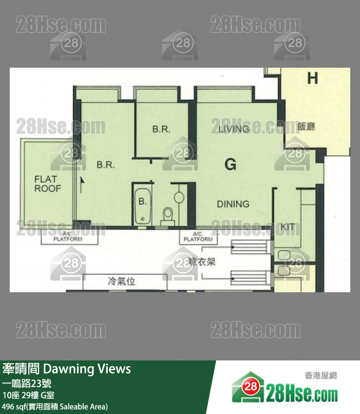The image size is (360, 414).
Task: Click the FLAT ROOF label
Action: pos(47,184)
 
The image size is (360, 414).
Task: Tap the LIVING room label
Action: pos(234,129)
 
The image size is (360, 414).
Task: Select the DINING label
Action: pos(233,204)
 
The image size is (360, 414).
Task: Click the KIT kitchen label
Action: pos(288,227)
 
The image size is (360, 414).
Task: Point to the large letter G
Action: pos(231,164)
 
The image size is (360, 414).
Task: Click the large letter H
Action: pos(312,78)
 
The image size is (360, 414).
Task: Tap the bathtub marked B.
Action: pos(143,205)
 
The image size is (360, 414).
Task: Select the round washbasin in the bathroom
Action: pos(179,197)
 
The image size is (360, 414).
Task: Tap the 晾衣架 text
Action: pos(201,262)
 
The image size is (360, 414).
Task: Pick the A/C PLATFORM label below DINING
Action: pos(198,237)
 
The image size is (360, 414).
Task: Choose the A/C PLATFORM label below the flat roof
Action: pos(68,237)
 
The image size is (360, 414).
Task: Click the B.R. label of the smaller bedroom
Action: pos(161,129)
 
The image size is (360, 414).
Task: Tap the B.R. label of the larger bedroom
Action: pos(106,165)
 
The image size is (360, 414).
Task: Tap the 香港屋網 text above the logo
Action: pos(321,376)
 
